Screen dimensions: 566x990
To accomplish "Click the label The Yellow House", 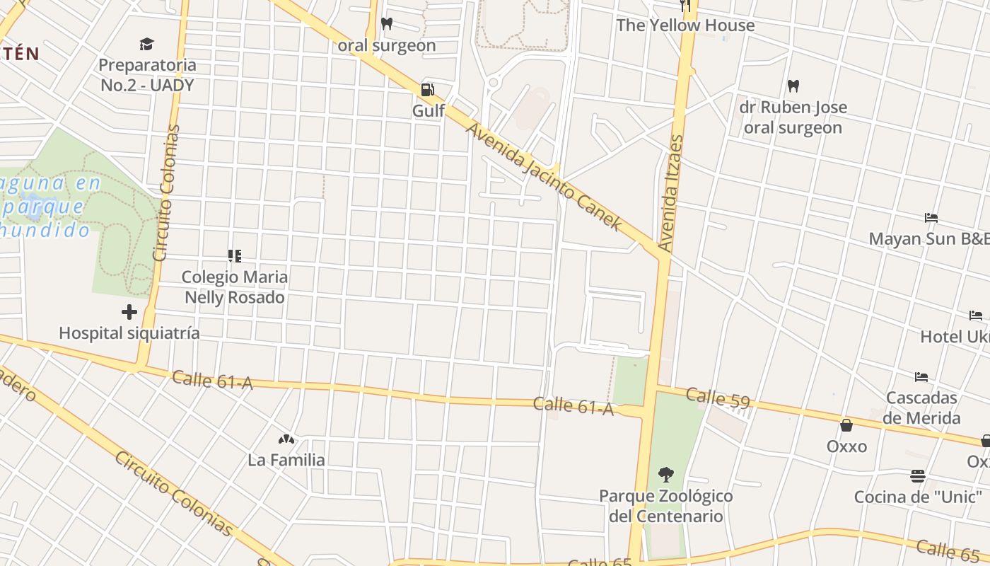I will coord(685,25).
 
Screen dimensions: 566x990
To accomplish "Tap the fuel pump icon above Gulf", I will coord(428,90).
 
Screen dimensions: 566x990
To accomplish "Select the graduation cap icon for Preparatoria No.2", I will coord(146,45).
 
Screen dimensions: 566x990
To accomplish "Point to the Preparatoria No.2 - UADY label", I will coord(146,75).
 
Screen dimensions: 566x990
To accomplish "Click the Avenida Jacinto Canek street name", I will coord(544,178).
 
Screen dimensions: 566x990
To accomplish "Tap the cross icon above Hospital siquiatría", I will coord(129,311).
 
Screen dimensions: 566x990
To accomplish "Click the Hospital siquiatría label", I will coord(129,333).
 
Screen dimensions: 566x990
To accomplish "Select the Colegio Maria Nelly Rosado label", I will coord(235,287).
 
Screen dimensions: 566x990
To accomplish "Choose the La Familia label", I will coord(286,460).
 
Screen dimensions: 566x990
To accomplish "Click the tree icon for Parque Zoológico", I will coord(665,474).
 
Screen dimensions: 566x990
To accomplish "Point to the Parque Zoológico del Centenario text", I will coord(666,506).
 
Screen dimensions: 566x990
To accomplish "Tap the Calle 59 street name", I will coord(717,398).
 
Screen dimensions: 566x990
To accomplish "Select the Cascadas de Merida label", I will coord(921,408).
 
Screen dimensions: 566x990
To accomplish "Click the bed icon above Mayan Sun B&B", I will coord(931,218).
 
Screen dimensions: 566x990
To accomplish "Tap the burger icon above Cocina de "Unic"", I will coord(918,475).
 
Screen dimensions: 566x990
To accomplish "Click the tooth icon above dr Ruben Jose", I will coord(793,86).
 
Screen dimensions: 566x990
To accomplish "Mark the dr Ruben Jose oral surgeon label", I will coord(793,118).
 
